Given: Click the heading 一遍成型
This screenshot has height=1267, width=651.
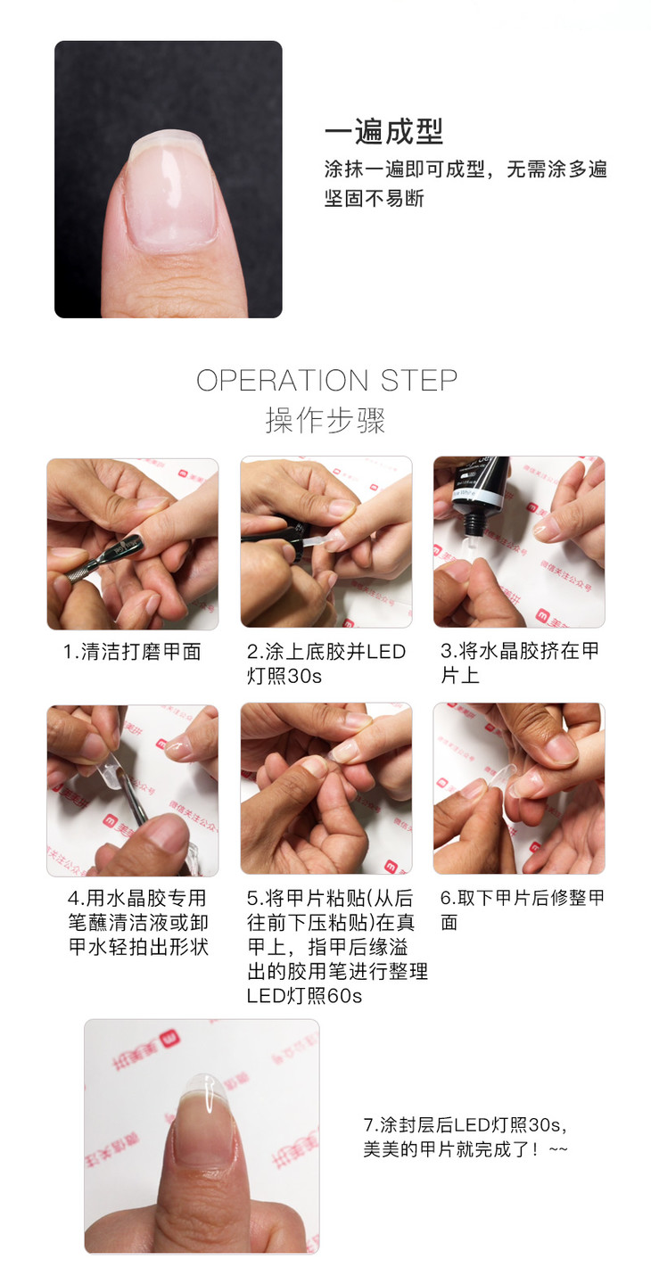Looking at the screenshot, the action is pos(383,132).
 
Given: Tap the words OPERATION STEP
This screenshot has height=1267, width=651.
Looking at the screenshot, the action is pos(327,380).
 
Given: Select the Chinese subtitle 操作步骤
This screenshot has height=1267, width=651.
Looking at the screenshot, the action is pos(325,420).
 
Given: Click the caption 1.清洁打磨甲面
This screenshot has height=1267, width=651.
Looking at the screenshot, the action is pos(132,652).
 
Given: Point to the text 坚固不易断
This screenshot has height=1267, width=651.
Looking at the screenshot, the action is pos(374,199).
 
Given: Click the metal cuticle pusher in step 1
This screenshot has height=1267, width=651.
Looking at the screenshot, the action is pos(104,560).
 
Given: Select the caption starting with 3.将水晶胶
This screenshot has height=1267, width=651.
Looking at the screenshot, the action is pos(519,662).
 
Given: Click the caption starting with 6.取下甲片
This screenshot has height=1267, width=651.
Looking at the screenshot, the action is pos(522,910).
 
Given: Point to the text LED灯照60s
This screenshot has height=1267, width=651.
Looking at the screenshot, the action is pos(304,996).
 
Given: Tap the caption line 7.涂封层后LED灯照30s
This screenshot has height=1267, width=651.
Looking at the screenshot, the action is pos(465,1125).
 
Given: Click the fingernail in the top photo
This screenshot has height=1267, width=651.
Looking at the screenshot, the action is pos(171,193).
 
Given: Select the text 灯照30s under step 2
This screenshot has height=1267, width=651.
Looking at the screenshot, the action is pos(284,676).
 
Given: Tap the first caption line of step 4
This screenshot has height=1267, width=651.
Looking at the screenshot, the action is pos(137,898).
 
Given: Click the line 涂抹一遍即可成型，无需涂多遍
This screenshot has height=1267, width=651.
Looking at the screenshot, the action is pos(466,169).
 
